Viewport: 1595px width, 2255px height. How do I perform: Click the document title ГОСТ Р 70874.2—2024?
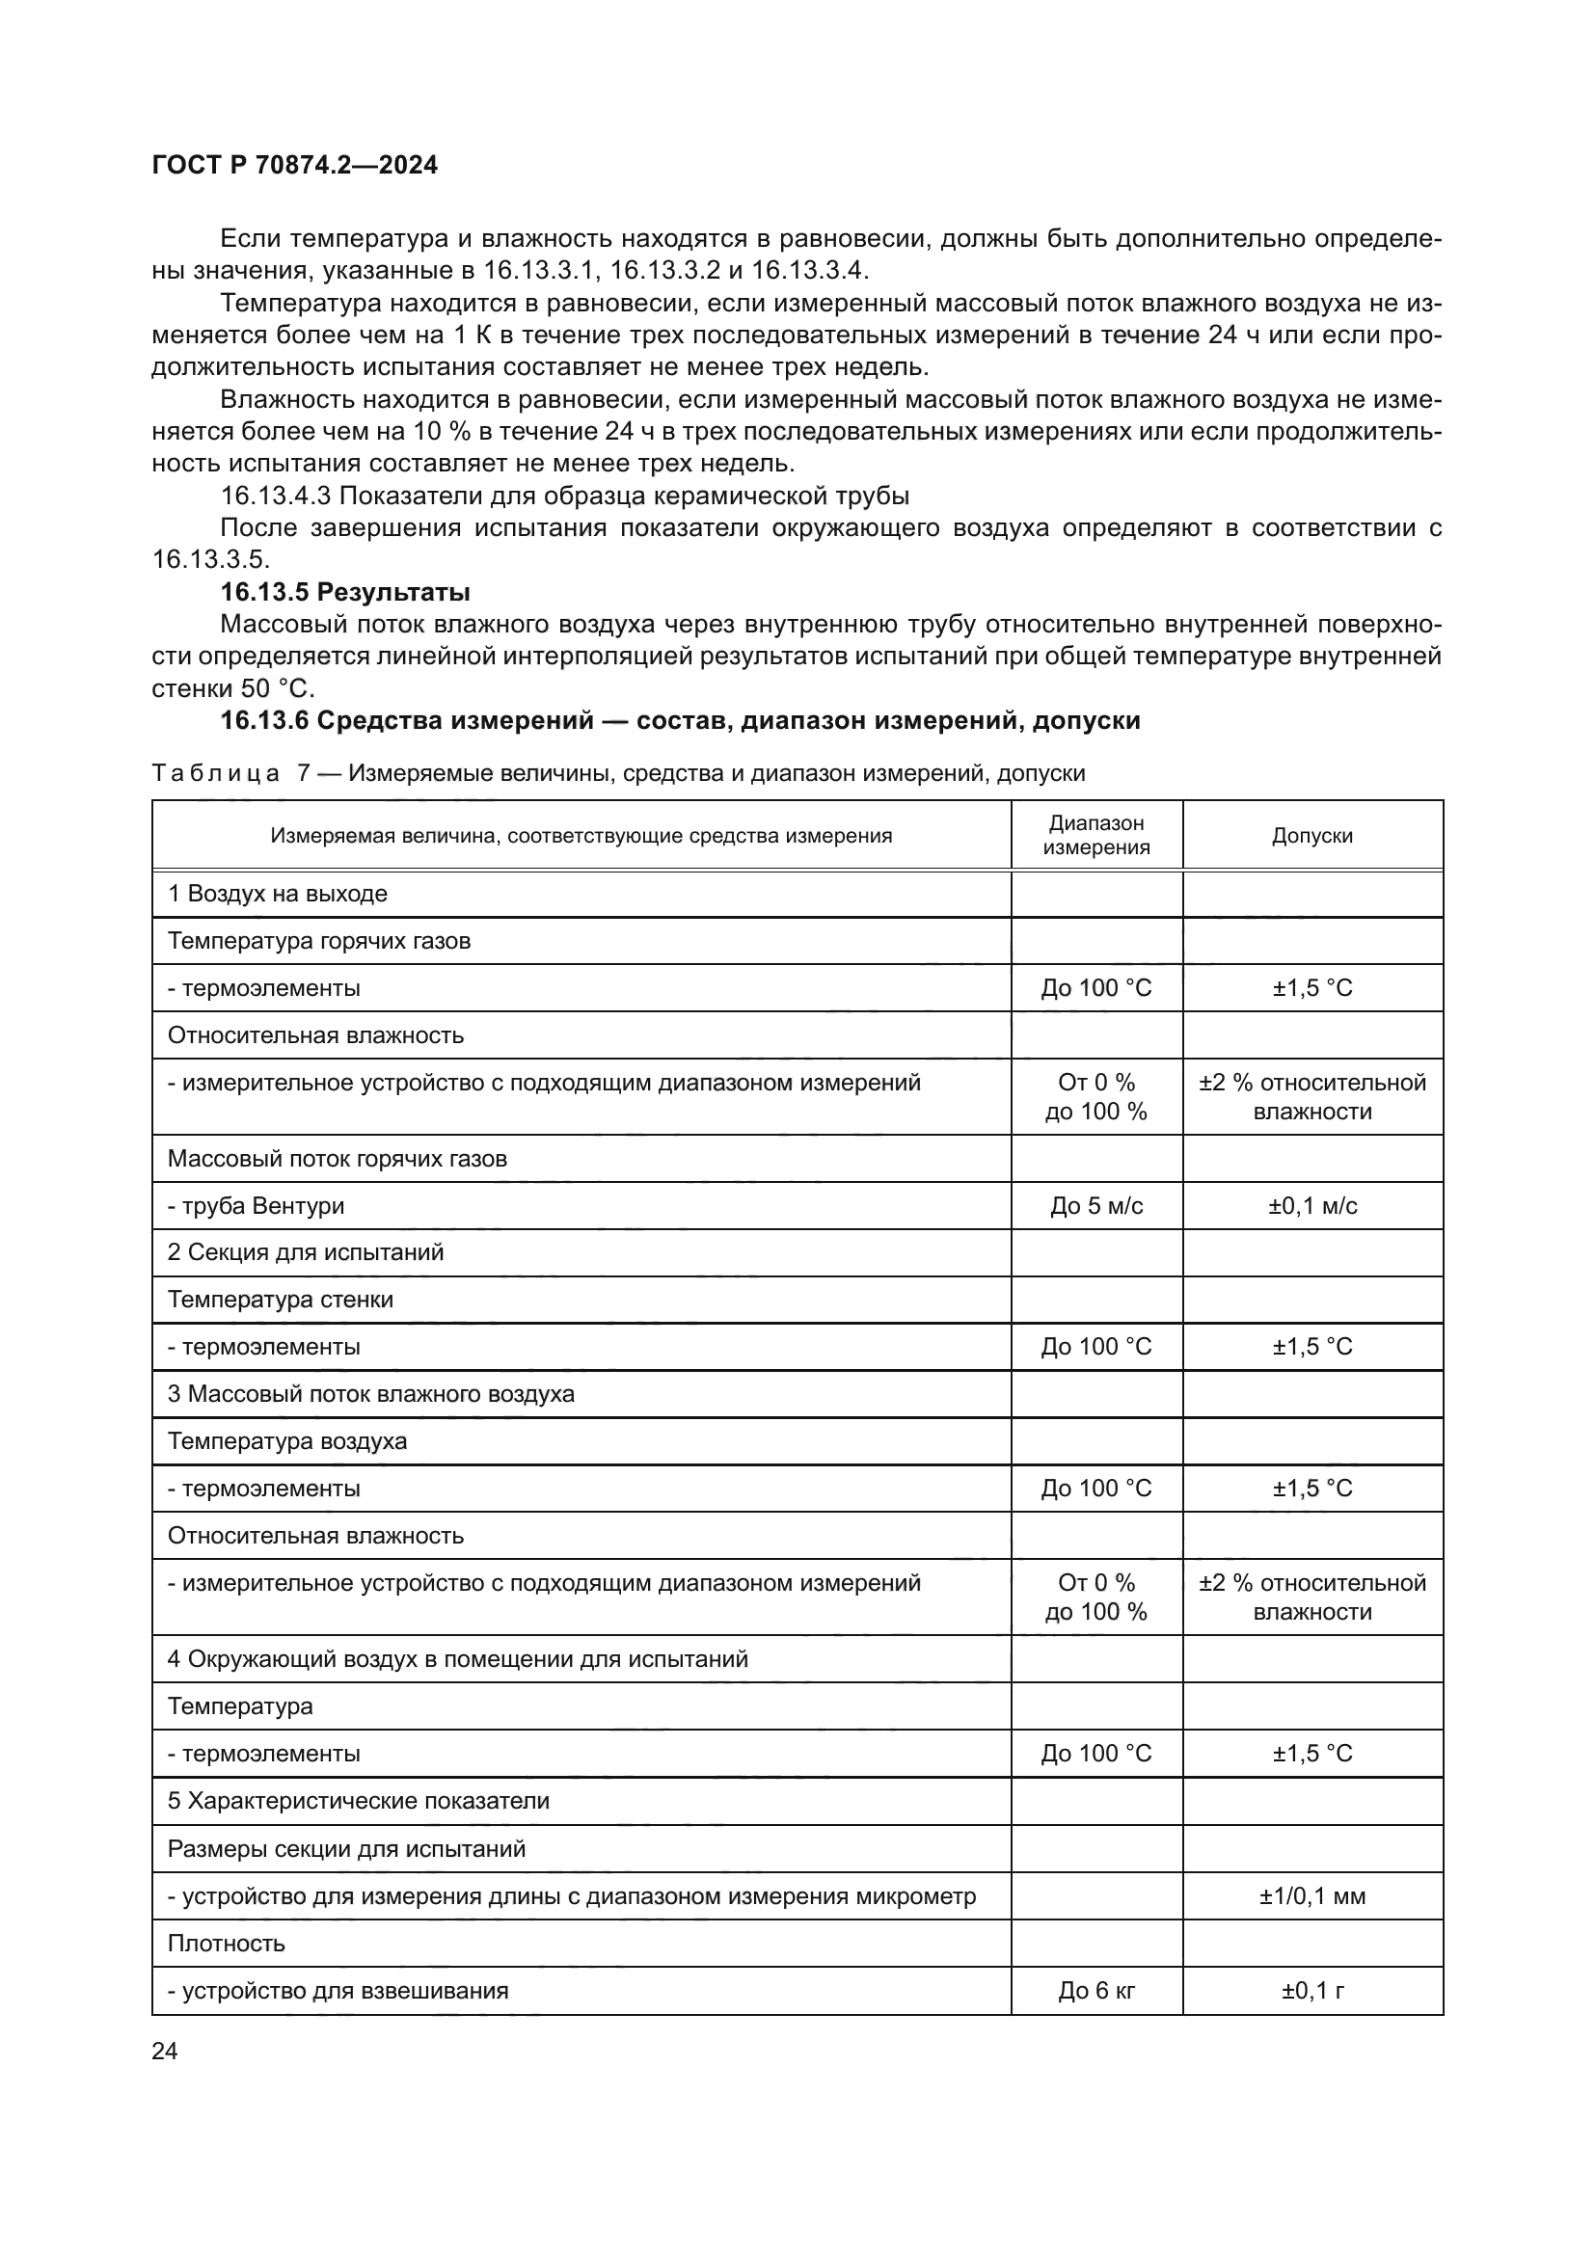pyautogui.click(x=295, y=165)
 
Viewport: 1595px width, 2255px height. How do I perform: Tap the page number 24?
pyautogui.click(x=165, y=2051)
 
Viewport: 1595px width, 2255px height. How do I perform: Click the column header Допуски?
pyautogui.click(x=1312, y=836)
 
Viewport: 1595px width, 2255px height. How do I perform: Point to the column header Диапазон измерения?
pyautogui.click(x=1096, y=836)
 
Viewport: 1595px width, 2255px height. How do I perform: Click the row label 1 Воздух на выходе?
pyautogui.click(x=277, y=894)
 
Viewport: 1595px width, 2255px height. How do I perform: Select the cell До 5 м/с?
pyautogui.click(x=1096, y=1206)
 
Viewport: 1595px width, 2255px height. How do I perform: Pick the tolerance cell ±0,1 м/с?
pyautogui.click(x=1312, y=1206)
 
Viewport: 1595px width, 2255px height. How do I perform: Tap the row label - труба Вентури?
pyautogui.click(x=256, y=1206)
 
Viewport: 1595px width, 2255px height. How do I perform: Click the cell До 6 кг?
pyautogui.click(x=1096, y=1991)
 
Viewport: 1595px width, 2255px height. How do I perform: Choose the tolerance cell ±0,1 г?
pyautogui.click(x=1312, y=1991)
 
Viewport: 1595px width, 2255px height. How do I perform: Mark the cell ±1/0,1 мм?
pyautogui.click(x=1312, y=1896)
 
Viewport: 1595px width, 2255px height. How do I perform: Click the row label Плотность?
pyautogui.click(x=226, y=1944)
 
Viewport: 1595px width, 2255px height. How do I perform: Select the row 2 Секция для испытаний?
pyautogui.click(x=306, y=1252)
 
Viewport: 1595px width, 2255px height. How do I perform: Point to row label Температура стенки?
pyautogui.click(x=280, y=1300)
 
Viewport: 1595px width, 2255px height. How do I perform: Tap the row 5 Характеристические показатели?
pyautogui.click(x=359, y=1801)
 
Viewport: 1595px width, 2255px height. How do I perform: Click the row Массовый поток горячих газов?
pyautogui.click(x=337, y=1159)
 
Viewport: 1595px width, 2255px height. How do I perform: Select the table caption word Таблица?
pyautogui.click(x=215, y=774)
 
